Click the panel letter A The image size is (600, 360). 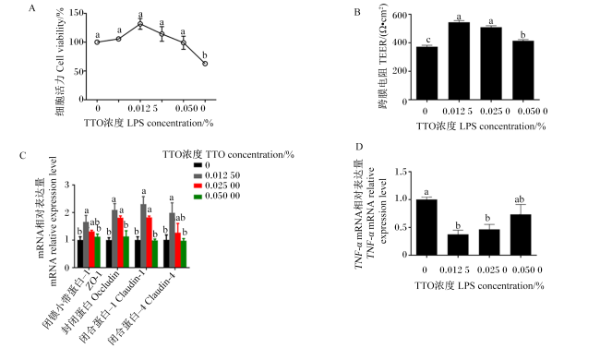coord(31,8)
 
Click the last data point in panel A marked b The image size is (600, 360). coord(205,64)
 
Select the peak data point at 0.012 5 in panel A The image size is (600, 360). coord(140,24)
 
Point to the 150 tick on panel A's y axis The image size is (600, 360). coord(76,13)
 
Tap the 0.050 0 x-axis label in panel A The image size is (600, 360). coord(190,109)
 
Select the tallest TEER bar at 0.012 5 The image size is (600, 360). coord(459,61)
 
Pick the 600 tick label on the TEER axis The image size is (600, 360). coord(399,15)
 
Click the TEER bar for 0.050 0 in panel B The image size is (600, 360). coord(523,70)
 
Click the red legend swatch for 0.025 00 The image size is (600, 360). coord(198,186)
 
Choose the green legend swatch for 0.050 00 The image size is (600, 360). coord(198,197)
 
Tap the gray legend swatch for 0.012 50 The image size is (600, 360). coord(198,175)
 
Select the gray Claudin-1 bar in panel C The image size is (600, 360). coord(143,235)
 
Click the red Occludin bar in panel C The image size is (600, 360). coord(121,243)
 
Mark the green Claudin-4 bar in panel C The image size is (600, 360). coord(184,254)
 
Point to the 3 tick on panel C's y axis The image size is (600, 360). coord(67,186)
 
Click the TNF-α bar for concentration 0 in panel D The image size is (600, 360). coord(426,227)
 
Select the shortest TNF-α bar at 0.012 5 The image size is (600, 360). coord(458,245)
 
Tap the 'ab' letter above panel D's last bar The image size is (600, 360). coord(520,199)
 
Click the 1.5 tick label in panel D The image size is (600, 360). coord(401,173)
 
